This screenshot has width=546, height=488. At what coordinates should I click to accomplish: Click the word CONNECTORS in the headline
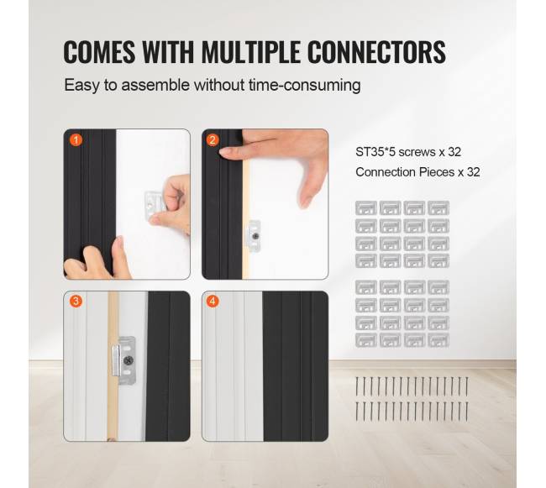point(377,52)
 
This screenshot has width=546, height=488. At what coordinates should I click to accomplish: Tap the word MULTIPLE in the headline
point(250,52)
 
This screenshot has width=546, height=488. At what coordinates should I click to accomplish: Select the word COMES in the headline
point(99,52)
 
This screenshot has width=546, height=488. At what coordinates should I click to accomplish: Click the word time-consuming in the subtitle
point(305,85)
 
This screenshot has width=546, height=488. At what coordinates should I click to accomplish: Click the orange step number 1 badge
point(76,140)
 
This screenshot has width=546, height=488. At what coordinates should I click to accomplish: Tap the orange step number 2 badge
point(213,140)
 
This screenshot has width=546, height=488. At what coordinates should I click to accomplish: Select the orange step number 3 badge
point(76,301)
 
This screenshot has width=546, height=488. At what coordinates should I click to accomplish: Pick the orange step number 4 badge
point(213,301)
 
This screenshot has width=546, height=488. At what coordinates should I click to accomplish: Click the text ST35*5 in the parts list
point(375,152)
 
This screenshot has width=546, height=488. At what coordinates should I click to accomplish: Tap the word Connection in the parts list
point(386,172)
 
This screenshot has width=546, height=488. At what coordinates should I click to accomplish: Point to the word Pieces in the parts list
point(437,172)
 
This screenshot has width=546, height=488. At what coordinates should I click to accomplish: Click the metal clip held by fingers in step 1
point(155,202)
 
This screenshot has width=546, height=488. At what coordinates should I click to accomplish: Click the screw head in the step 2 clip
point(256,236)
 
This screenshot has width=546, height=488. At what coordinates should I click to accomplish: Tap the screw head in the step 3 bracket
point(129,360)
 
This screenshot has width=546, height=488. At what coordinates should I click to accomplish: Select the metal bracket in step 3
point(124,360)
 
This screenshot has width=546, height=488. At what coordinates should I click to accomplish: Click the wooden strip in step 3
point(113,366)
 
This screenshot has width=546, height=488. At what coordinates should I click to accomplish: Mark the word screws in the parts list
point(417,152)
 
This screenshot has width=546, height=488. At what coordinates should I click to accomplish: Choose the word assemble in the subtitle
point(155,85)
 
